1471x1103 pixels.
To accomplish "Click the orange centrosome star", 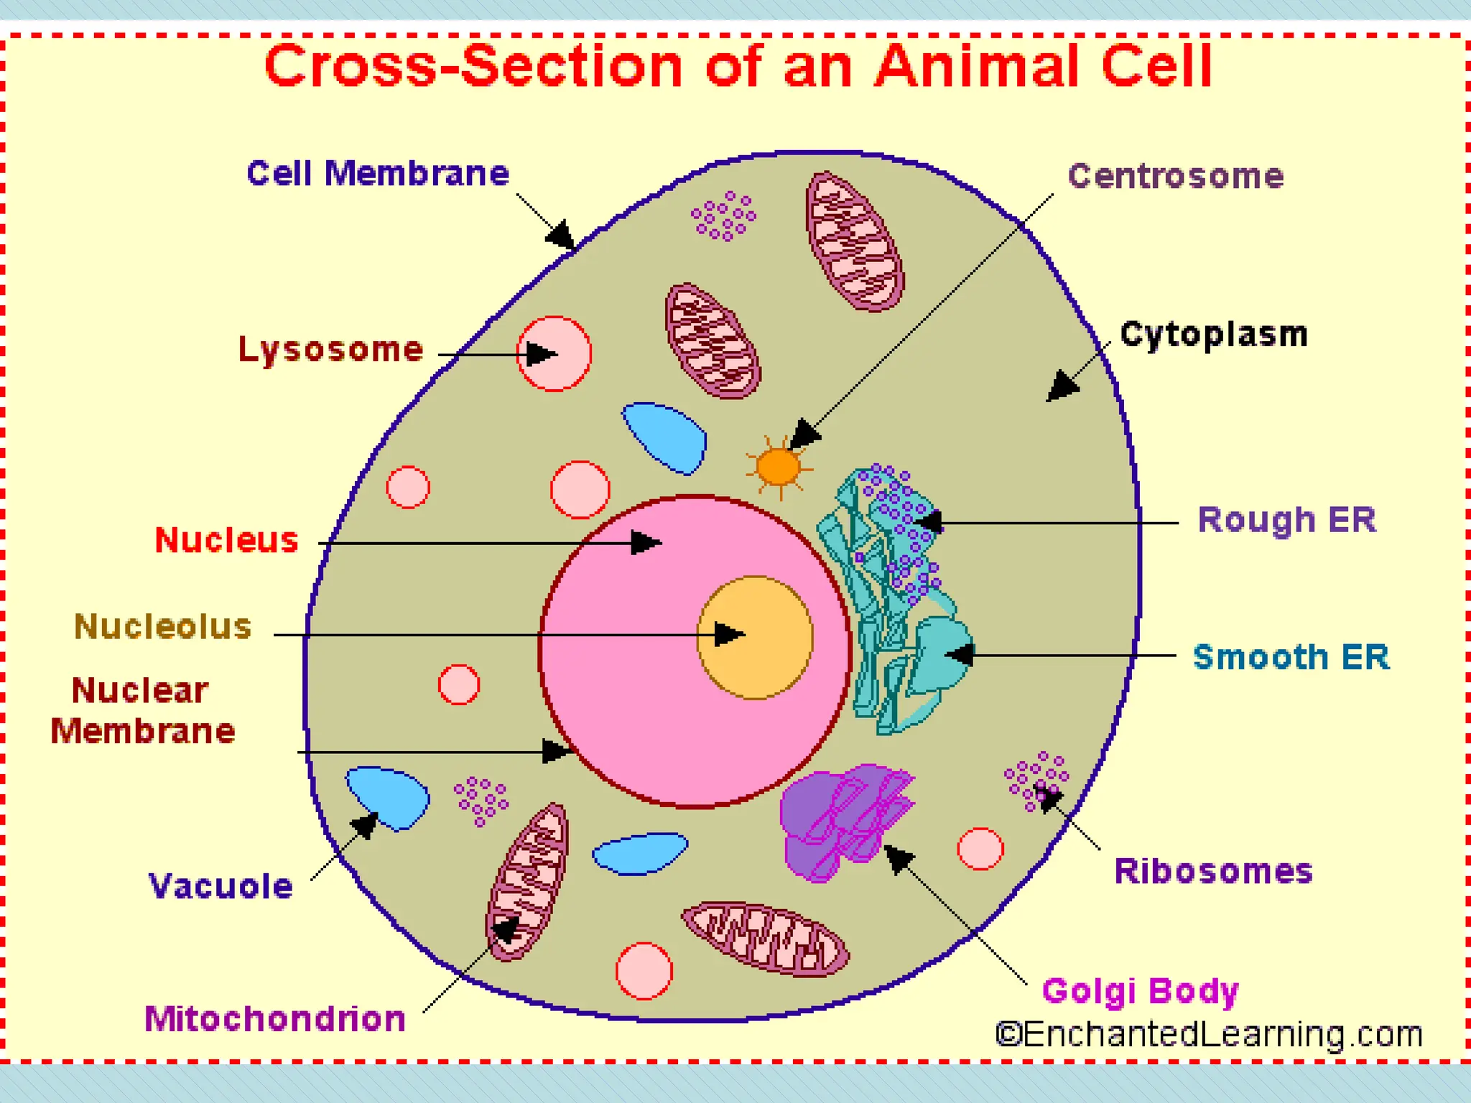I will [779, 467].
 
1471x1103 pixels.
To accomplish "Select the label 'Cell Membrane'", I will [378, 174].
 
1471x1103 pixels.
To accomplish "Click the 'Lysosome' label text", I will [330, 350].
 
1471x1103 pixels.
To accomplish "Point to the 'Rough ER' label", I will [1286, 520].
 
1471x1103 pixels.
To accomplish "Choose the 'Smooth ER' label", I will [1291, 657].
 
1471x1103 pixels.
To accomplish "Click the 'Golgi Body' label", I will [1140, 992].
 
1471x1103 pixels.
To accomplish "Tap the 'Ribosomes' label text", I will [1213, 872].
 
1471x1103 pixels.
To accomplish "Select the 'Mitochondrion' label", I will [275, 1019].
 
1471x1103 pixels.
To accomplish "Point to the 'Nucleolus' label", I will [163, 627].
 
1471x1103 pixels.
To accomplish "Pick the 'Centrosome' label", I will [1175, 177].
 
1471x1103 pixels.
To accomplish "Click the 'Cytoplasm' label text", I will [1214, 335].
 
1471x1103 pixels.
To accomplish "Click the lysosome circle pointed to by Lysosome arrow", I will [554, 353].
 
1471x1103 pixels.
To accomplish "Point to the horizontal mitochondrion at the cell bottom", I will [766, 939].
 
